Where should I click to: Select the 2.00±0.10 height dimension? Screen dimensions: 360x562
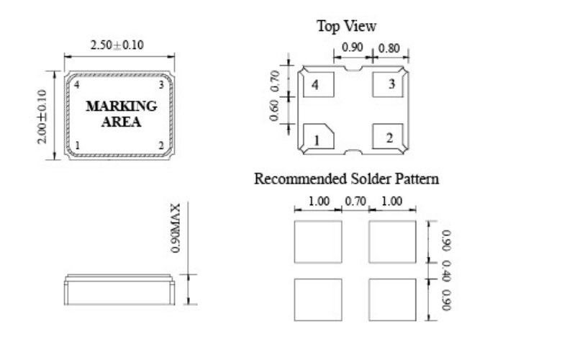click(x=42, y=115)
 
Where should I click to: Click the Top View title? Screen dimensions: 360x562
click(x=346, y=26)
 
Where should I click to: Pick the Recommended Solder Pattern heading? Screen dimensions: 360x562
click(x=346, y=178)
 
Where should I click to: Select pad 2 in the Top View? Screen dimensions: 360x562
click(x=389, y=137)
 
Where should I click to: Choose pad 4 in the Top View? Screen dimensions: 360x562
click(x=317, y=86)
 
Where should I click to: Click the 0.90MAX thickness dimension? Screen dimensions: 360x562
click(x=175, y=230)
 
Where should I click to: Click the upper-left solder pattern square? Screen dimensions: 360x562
click(x=317, y=242)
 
